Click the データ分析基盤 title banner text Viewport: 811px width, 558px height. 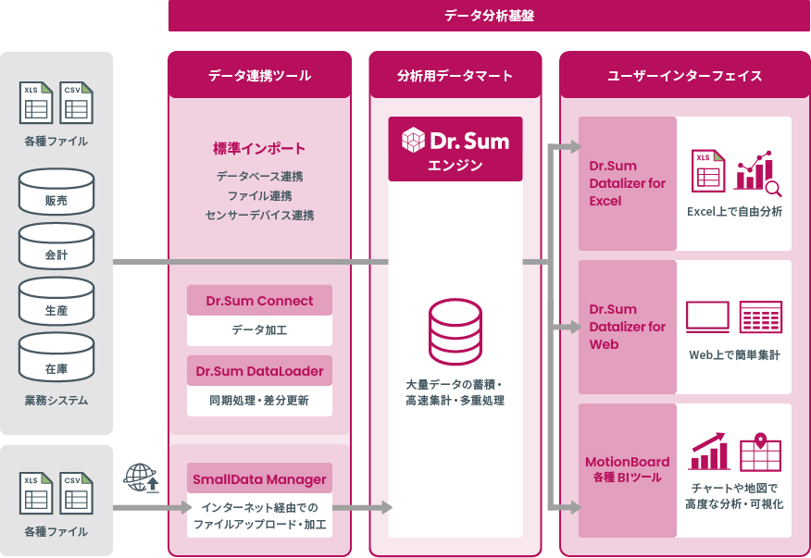(489, 16)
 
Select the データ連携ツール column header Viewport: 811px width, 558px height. (259, 76)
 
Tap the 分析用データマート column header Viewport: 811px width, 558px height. (455, 76)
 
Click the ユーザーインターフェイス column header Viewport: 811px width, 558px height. (684, 76)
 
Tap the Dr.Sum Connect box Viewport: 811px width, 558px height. (259, 301)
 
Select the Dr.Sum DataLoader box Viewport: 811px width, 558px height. (259, 371)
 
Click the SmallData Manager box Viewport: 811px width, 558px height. (259, 479)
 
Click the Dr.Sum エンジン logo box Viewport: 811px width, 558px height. (455, 148)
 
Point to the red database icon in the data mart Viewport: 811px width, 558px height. (455, 331)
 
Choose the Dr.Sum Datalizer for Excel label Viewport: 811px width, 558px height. (628, 183)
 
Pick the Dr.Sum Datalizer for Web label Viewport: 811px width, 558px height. (628, 327)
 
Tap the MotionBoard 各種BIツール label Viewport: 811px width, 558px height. (628, 469)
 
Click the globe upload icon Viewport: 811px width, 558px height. (141, 477)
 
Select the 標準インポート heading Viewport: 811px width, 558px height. (259, 148)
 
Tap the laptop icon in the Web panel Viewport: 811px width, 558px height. (707, 316)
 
